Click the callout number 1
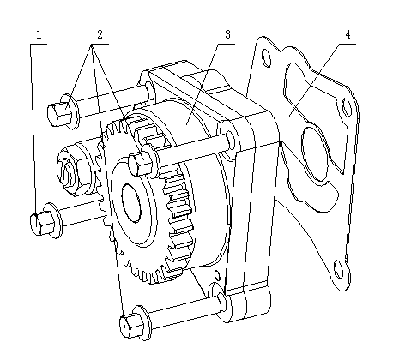click(x=38, y=35)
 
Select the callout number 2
click(x=100, y=35)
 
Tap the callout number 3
click(x=227, y=35)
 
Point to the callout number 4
click(x=348, y=35)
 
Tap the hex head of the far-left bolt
click(x=39, y=222)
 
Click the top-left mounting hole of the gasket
click(x=266, y=57)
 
